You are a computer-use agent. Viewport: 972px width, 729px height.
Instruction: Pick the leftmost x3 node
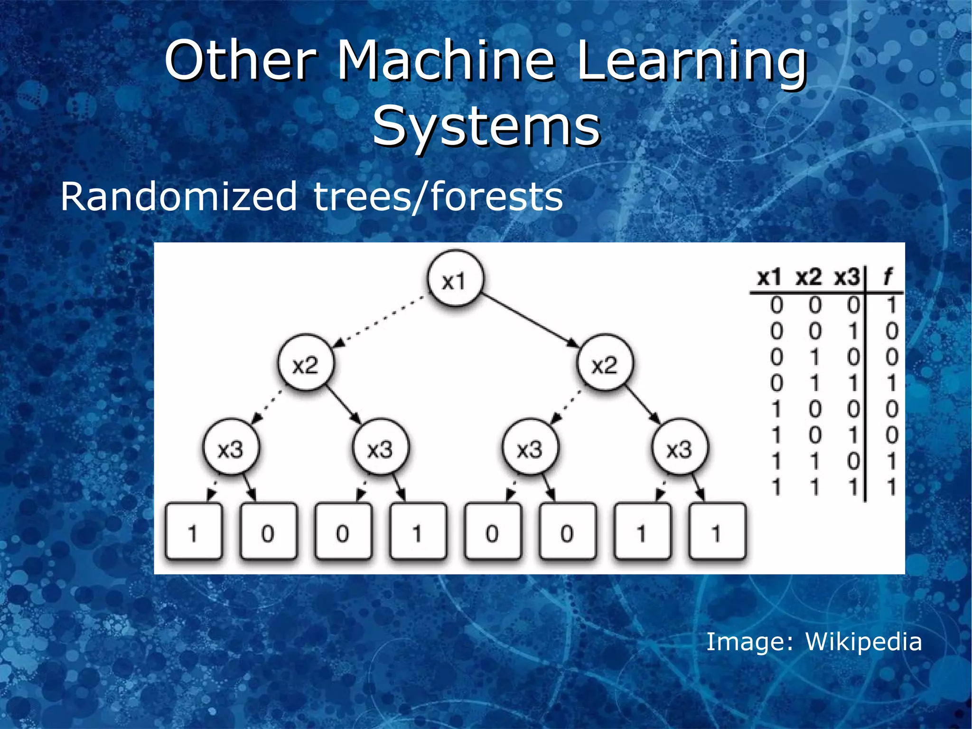click(x=231, y=449)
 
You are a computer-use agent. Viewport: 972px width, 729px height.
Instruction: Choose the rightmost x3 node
click(x=679, y=449)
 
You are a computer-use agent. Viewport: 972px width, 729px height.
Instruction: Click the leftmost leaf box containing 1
click(x=194, y=532)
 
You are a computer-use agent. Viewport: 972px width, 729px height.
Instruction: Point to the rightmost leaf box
click(x=717, y=532)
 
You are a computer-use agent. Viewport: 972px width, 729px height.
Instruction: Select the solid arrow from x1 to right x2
click(x=530, y=320)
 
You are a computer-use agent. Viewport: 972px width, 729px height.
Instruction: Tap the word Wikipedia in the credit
click(x=863, y=642)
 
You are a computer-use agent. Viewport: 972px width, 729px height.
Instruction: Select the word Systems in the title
click(x=486, y=126)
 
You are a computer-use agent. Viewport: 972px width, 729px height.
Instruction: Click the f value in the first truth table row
click(x=891, y=305)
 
